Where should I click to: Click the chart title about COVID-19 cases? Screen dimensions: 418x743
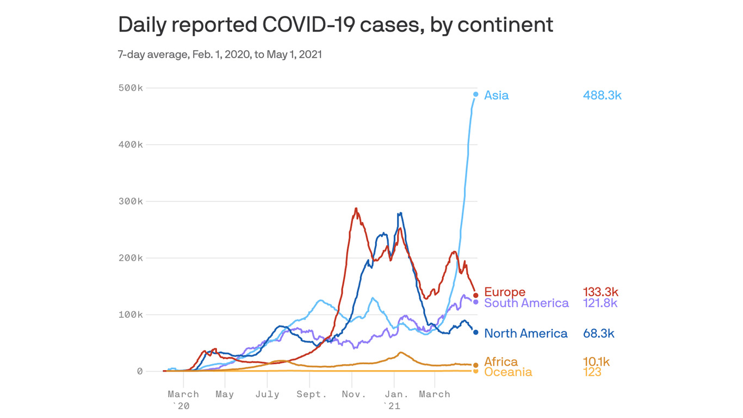pyautogui.click(x=336, y=25)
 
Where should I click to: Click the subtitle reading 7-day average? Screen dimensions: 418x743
pyautogui.click(x=220, y=54)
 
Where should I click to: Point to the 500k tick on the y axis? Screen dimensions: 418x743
pyautogui.click(x=131, y=88)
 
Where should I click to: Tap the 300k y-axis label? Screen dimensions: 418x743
pyautogui.click(x=131, y=201)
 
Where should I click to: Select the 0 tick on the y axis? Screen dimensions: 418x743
pyautogui.click(x=140, y=371)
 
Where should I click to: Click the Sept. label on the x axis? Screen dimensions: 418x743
pyautogui.click(x=312, y=394)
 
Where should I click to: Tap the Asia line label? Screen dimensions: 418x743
pyautogui.click(x=496, y=95)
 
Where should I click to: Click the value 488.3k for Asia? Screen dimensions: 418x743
pyautogui.click(x=602, y=95)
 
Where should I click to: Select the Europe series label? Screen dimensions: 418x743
pyautogui.click(x=504, y=292)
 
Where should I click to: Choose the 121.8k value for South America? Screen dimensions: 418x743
pyautogui.click(x=599, y=303)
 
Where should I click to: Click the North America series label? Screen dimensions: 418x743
pyautogui.click(x=525, y=333)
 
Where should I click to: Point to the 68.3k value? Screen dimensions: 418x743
pyautogui.click(x=598, y=333)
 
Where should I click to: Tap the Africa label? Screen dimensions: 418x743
pyautogui.click(x=500, y=362)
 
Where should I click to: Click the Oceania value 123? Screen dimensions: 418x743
pyautogui.click(x=592, y=372)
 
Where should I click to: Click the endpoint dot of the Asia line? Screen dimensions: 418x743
pyautogui.click(x=476, y=95)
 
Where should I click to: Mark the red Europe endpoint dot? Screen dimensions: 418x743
pyautogui.click(x=476, y=296)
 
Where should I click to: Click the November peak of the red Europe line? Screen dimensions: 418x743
pyautogui.click(x=356, y=208)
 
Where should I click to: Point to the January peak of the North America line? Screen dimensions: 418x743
pyautogui.click(x=400, y=213)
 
